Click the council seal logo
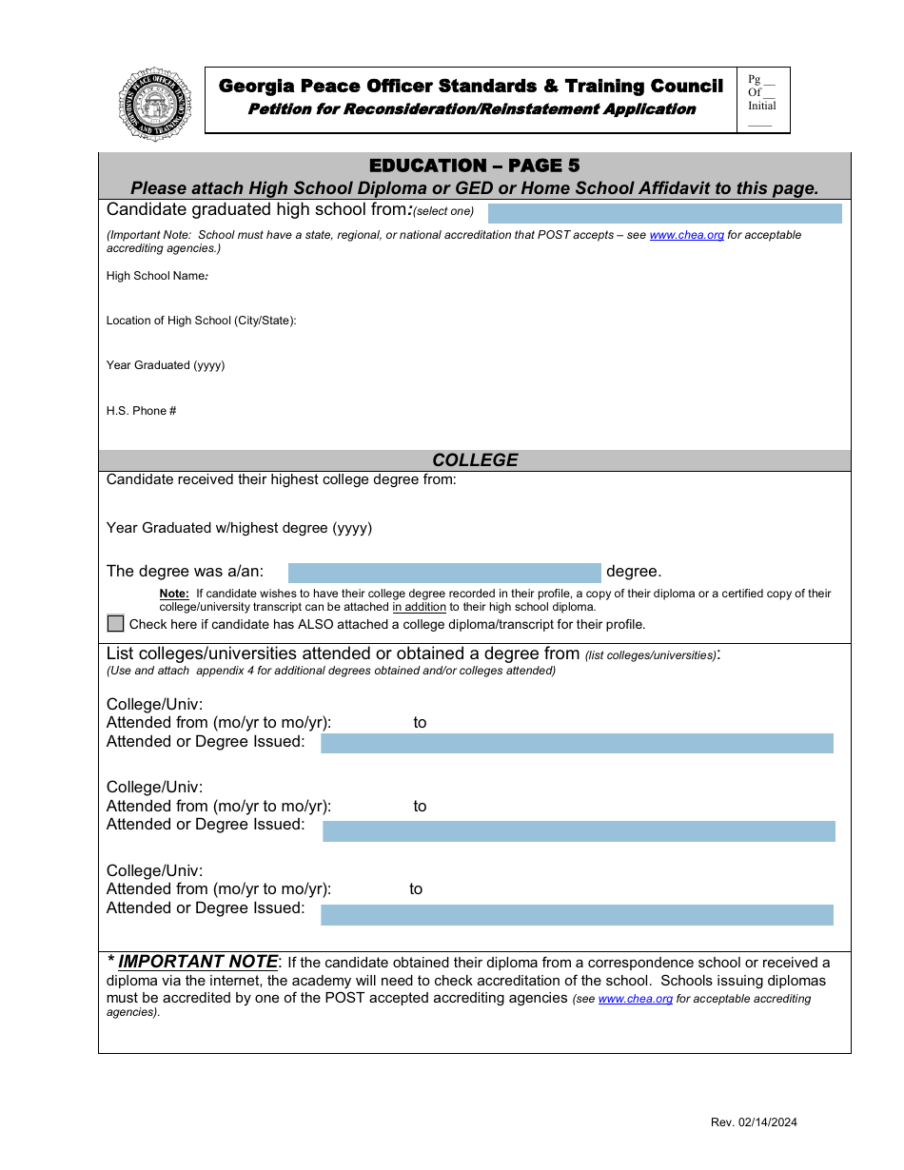[x=155, y=104]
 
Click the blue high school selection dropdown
[x=664, y=213]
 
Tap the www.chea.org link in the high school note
[x=686, y=235]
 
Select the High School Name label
[x=157, y=276]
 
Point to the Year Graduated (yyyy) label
[x=166, y=365]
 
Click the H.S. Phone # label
[x=142, y=411]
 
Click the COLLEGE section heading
[x=475, y=460]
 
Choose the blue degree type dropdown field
[x=444, y=573]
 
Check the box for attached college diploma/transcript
[x=116, y=624]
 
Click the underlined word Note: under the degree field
[x=174, y=594]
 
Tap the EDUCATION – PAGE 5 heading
[x=474, y=166]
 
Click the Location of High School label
[x=201, y=321]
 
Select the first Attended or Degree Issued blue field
[x=577, y=743]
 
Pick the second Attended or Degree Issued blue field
[x=579, y=831]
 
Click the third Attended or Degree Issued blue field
[x=577, y=915]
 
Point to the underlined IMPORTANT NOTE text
[x=197, y=962]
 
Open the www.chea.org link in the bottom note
[x=635, y=999]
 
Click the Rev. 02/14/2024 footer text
[x=754, y=1122]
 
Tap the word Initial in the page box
[x=761, y=106]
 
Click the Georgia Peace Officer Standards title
[x=471, y=87]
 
